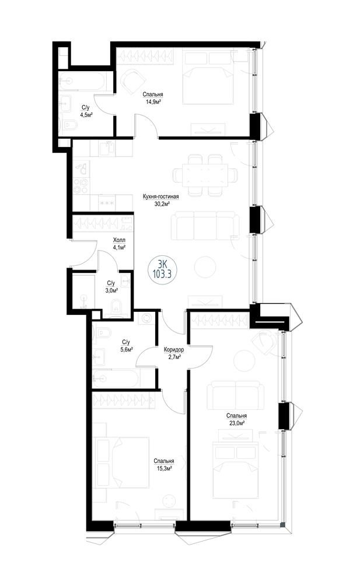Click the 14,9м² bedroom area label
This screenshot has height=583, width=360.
[x=154, y=101]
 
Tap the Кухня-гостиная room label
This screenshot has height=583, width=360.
[x=161, y=196]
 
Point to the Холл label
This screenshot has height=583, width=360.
[x=119, y=240]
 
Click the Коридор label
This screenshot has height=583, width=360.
[x=173, y=350]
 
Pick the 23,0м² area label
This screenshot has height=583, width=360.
[x=237, y=423]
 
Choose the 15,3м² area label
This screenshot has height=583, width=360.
[x=164, y=469]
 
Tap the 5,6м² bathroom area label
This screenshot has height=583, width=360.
[x=126, y=349]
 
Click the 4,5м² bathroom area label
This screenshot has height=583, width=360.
[x=86, y=114]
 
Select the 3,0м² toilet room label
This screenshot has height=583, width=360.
[x=111, y=290]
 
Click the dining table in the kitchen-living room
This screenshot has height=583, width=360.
[x=205, y=175]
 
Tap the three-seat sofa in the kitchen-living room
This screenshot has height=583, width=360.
[x=205, y=226]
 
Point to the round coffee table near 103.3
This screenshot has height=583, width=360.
[x=205, y=266]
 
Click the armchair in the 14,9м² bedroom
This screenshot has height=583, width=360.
[x=132, y=82]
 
